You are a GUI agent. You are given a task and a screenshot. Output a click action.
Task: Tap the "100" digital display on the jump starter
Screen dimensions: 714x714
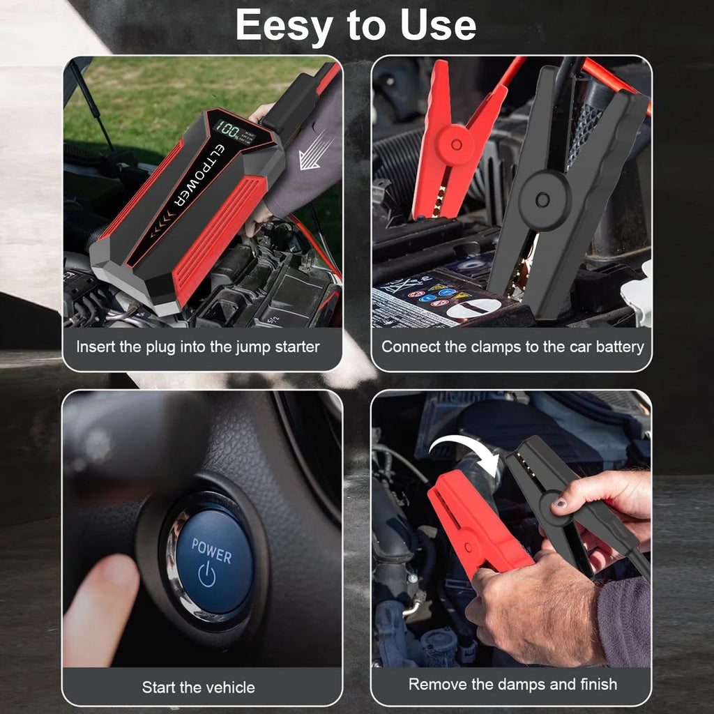click(x=227, y=128)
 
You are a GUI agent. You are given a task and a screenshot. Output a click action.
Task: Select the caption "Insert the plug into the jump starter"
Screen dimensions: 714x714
click(x=198, y=347)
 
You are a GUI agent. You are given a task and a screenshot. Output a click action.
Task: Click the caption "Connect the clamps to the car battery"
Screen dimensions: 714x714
click(x=512, y=347)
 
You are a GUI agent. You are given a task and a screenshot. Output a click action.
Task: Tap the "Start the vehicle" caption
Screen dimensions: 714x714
click(x=199, y=687)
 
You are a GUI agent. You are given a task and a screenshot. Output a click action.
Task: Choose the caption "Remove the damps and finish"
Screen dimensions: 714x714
click(x=512, y=684)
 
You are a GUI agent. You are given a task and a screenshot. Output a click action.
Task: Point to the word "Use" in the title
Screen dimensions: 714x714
click(x=438, y=26)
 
